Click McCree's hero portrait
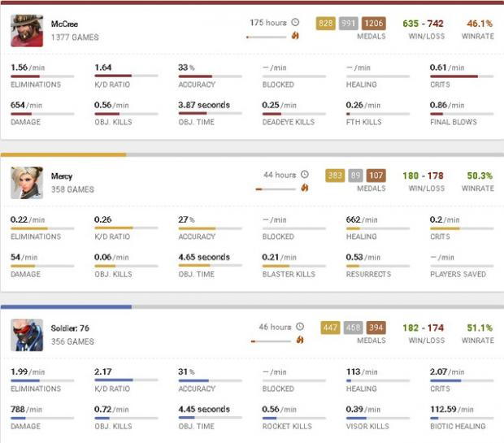[x=27, y=31]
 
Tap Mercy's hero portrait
[x=27, y=183]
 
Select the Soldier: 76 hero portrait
[x=27, y=335]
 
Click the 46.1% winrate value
[x=480, y=24]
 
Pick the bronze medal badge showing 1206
[x=374, y=24]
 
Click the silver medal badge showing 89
[x=355, y=176]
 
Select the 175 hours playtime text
[x=268, y=23]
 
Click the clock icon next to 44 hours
[x=305, y=175]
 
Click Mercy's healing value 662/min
[x=360, y=219]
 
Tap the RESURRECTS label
[x=369, y=274]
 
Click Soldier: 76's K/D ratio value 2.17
[x=103, y=371]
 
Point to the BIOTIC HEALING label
[x=458, y=426]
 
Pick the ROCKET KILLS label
[x=285, y=426]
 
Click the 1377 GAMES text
[x=75, y=37]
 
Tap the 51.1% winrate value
[x=480, y=328]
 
